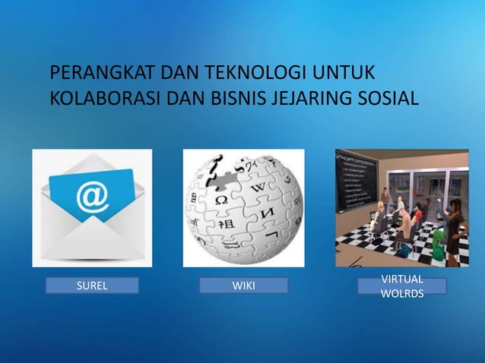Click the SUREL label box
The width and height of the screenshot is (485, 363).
click(x=92, y=286)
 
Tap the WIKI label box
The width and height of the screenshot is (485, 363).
click(x=243, y=286)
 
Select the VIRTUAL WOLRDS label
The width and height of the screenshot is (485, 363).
click(x=402, y=286)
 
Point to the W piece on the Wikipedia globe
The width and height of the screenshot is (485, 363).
click(x=258, y=187)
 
